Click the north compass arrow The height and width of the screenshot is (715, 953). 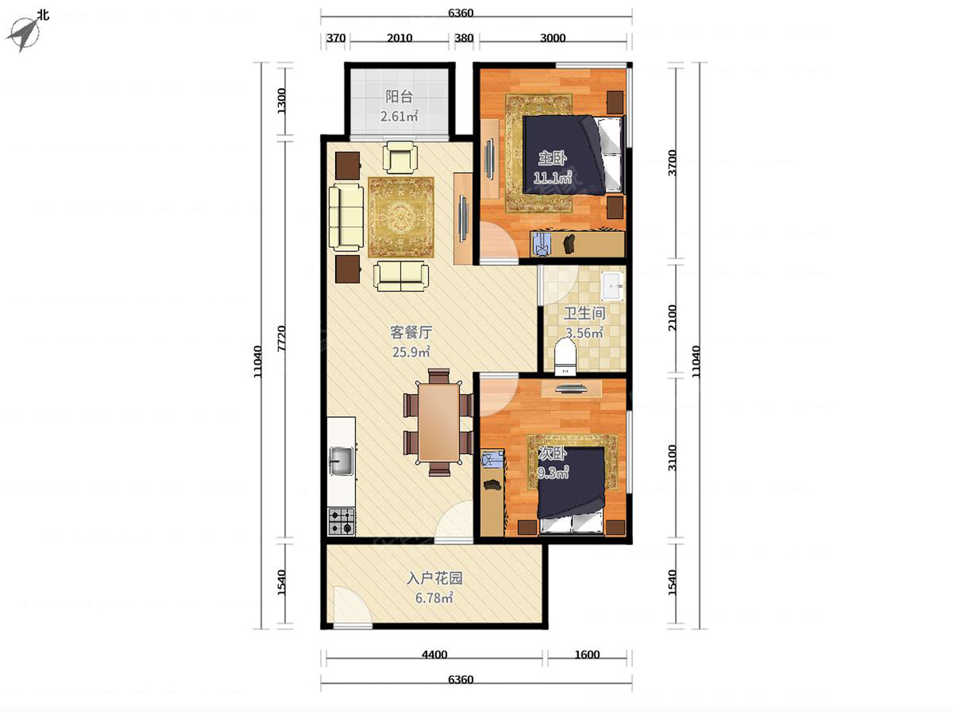click(x=23, y=34)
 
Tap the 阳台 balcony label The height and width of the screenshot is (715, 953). click(x=399, y=96)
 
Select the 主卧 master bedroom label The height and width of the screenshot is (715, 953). click(x=552, y=158)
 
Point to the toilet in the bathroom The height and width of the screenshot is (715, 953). click(x=565, y=357)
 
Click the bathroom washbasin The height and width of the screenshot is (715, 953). click(x=612, y=285)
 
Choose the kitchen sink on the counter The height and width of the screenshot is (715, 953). click(x=341, y=461)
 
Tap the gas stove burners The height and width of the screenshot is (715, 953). click(x=341, y=521)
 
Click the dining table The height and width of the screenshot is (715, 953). click(x=439, y=423)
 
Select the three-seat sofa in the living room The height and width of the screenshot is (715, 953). click(x=346, y=217)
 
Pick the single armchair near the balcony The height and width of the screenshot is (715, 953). click(x=400, y=157)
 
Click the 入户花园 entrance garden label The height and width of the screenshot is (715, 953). click(x=434, y=578)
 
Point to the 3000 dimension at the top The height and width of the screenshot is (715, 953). click(x=553, y=38)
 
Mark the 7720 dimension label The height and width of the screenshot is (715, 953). click(x=281, y=338)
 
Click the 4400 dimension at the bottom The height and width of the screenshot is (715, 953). click(x=434, y=654)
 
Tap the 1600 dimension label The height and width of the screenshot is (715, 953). click(x=587, y=654)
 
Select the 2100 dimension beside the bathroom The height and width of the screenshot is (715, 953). click(x=672, y=318)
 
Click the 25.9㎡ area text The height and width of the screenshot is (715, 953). click(x=411, y=352)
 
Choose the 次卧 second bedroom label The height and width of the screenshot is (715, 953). click(x=552, y=454)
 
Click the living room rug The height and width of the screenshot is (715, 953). click(x=401, y=217)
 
